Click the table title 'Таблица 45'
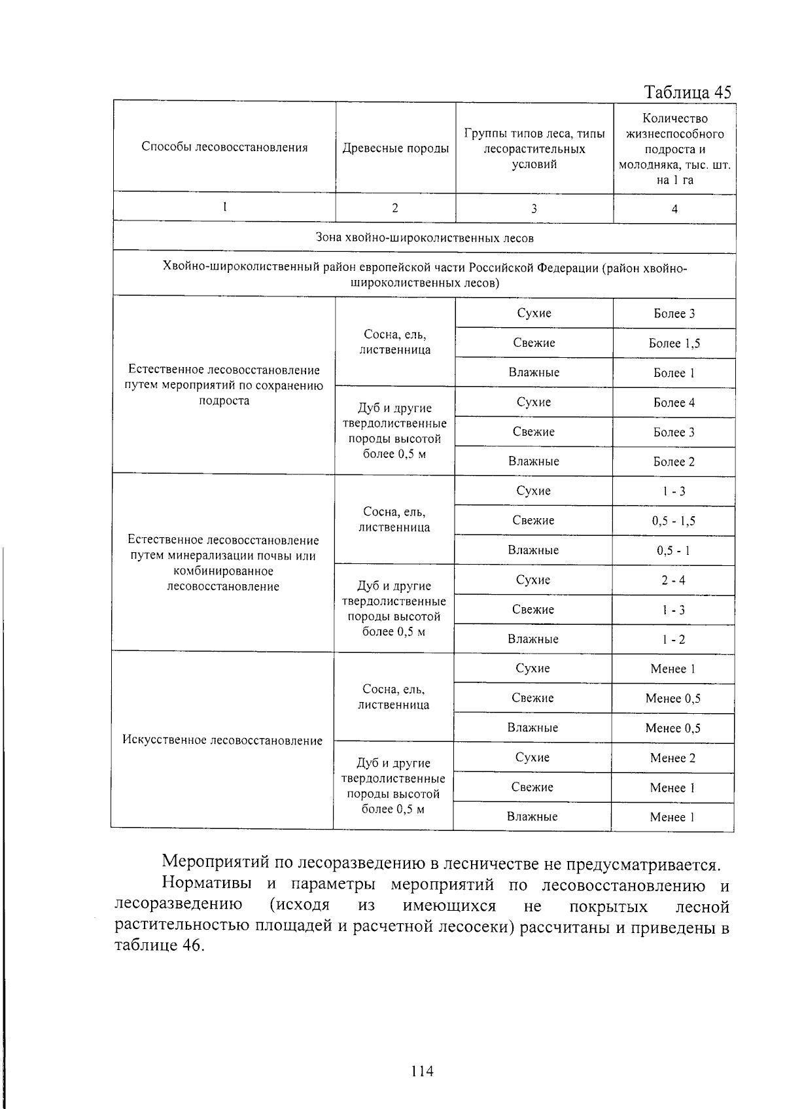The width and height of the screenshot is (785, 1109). click(687, 92)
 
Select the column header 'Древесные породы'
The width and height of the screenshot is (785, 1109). click(396, 149)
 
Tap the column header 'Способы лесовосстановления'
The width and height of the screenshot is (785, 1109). click(224, 147)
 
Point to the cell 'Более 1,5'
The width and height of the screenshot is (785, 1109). click(674, 343)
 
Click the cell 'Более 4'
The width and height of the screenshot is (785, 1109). click(674, 403)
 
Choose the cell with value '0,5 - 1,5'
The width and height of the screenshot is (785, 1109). click(673, 521)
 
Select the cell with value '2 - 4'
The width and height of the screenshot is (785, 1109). click(673, 580)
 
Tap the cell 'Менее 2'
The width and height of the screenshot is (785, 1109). click(672, 758)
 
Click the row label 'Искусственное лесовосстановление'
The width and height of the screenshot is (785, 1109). click(222, 741)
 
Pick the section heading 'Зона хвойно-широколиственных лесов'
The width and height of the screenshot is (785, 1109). click(425, 238)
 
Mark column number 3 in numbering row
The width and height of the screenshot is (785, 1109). click(534, 209)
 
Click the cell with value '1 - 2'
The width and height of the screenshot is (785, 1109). click(673, 640)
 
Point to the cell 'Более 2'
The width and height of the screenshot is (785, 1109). click(674, 462)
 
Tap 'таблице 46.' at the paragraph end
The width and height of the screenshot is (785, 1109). click(160, 946)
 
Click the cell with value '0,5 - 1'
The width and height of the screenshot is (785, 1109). click(673, 551)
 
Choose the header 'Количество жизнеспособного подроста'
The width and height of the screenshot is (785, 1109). click(674, 149)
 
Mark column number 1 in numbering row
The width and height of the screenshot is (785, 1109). click(224, 207)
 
